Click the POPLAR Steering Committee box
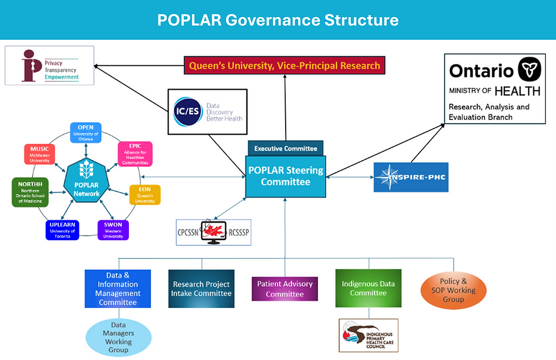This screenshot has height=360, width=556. [285, 176]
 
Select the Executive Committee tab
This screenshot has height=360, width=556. [285, 148]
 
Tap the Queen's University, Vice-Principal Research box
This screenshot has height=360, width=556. [285, 65]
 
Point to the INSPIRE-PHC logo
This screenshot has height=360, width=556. [411, 177]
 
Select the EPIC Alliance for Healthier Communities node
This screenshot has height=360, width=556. [134, 154]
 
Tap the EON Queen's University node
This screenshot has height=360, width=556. [145, 194]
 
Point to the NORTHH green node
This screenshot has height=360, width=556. [30, 192]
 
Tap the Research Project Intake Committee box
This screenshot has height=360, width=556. [202, 288]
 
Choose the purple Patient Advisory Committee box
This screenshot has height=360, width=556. [285, 288]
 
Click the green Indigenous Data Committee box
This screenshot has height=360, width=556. [368, 288]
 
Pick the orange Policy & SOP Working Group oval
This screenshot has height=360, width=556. [453, 290]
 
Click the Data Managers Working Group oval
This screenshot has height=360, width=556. [118, 337]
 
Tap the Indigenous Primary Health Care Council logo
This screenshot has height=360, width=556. [369, 335]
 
